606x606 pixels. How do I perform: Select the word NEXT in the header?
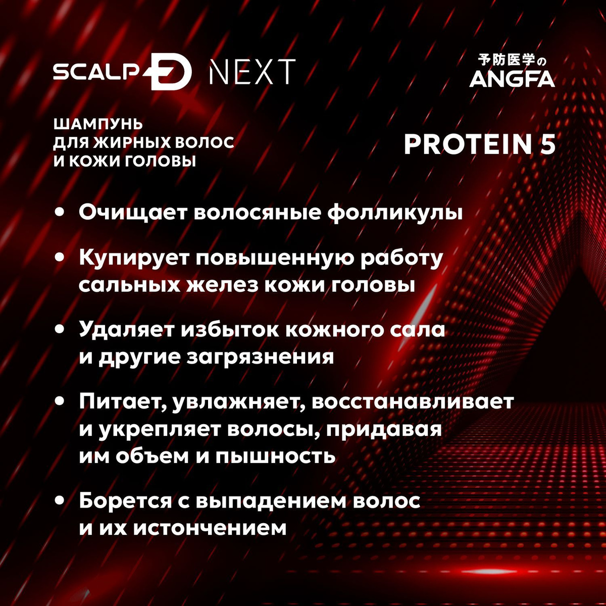[252, 72]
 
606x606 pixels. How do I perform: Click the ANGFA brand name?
[512, 79]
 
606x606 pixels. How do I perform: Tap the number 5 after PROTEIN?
[547, 144]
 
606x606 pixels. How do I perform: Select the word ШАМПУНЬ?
[98, 125]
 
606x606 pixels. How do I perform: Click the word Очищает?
[132, 213]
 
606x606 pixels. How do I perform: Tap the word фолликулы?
[395, 214]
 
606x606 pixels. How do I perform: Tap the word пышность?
[276, 457]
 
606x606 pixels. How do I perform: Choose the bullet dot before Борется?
[60, 501]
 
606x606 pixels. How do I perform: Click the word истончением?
[209, 528]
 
